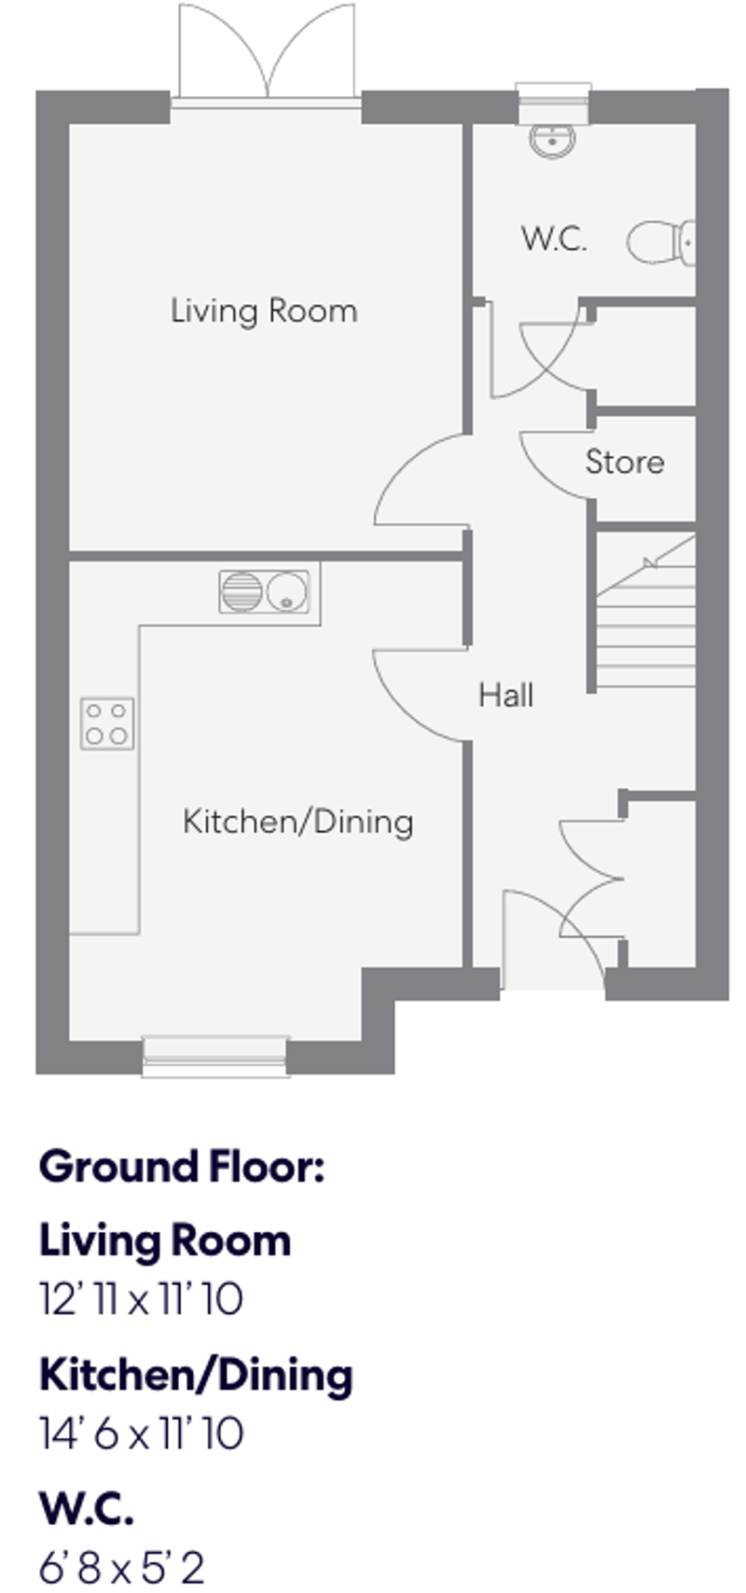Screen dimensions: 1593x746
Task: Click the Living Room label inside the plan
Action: (x=264, y=311)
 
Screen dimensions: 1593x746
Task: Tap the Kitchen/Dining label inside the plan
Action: (x=297, y=822)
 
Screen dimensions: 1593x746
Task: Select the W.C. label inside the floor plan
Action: (x=554, y=239)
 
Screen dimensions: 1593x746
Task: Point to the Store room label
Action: (x=625, y=462)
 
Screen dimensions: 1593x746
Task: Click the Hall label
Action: (x=505, y=695)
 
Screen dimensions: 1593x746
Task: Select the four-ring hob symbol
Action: (x=107, y=724)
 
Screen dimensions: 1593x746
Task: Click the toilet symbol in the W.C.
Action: (x=661, y=242)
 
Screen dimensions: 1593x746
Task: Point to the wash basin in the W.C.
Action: (x=553, y=141)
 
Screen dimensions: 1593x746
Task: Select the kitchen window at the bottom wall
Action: (x=214, y=1054)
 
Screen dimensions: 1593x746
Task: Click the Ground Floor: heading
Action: (x=181, y=1167)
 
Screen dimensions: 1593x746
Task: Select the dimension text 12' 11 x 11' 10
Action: (x=141, y=1299)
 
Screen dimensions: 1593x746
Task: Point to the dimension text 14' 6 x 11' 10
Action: (x=141, y=1434)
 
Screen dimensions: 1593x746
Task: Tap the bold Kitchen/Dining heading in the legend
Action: (x=196, y=1375)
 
